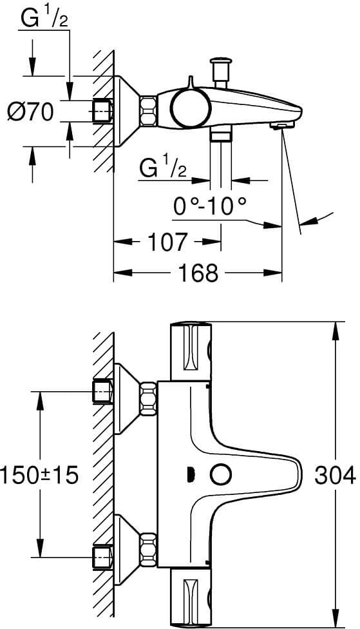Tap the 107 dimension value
click(167, 242)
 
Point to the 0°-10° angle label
click(209, 207)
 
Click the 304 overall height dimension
click(335, 476)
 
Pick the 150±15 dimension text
click(39, 476)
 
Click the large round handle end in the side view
click(190, 106)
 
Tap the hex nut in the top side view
click(147, 111)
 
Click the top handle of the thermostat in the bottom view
click(191, 351)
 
